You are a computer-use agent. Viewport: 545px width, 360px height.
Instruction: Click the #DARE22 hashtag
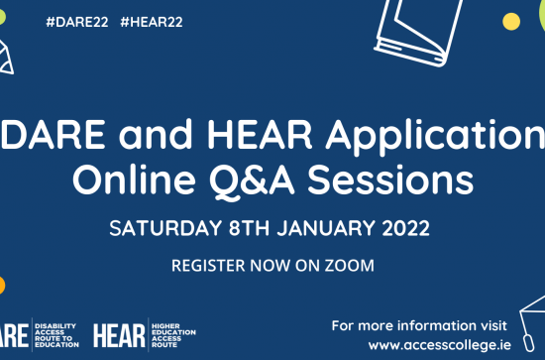pos(78,22)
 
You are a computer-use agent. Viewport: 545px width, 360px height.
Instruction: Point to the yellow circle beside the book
pos(511,21)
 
